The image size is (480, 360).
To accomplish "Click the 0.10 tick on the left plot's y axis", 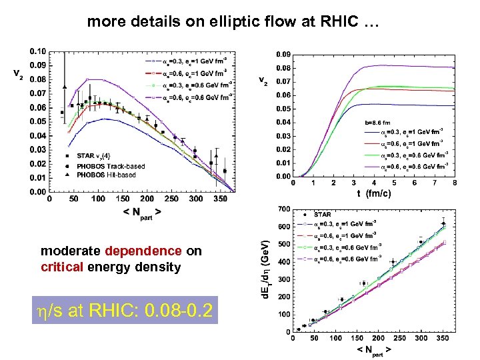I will tap(37, 51).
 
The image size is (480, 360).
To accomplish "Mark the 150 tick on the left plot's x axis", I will tap(123, 199).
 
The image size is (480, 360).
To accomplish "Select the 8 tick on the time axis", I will tap(454, 183).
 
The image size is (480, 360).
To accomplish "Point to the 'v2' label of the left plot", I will tap(21, 75).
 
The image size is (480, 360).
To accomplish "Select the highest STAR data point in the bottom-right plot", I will tap(443, 223).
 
